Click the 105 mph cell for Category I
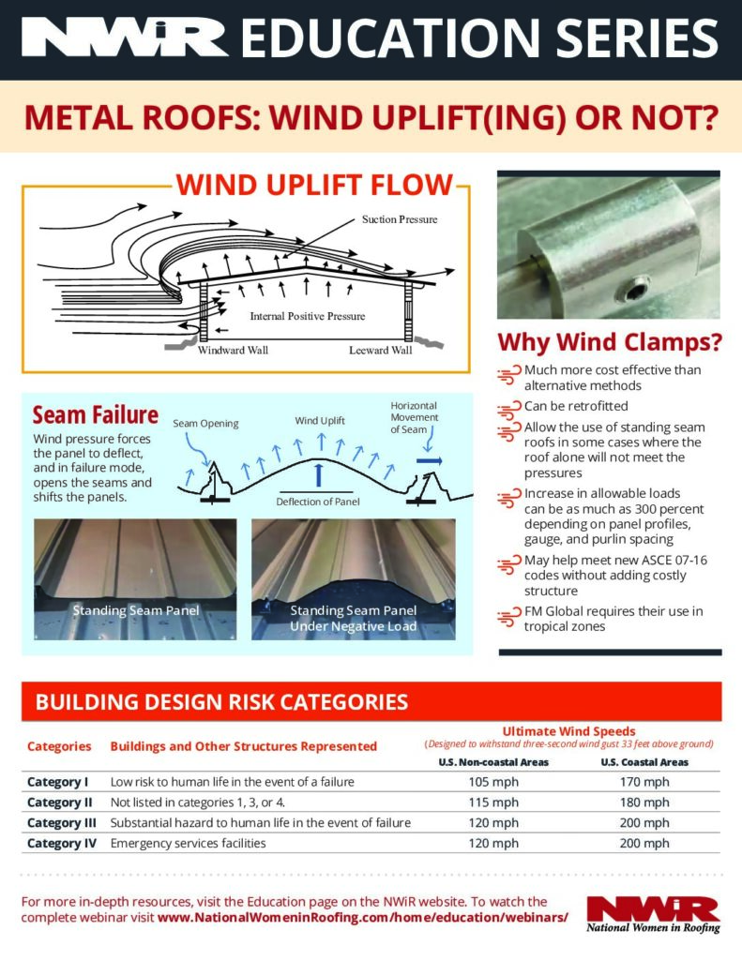(493, 782)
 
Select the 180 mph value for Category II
(644, 802)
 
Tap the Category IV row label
(57, 843)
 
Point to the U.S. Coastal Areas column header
(644, 762)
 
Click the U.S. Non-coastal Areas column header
(493, 762)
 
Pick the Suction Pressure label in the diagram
(400, 219)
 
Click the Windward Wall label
(233, 351)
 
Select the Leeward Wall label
(380, 351)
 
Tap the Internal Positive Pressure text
(307, 316)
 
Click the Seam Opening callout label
(205, 424)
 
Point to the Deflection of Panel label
(319, 502)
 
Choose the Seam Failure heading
(95, 414)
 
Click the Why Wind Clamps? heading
(610, 342)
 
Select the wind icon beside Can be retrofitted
(509, 408)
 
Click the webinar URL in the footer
(363, 917)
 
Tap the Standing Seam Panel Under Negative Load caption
(353, 618)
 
